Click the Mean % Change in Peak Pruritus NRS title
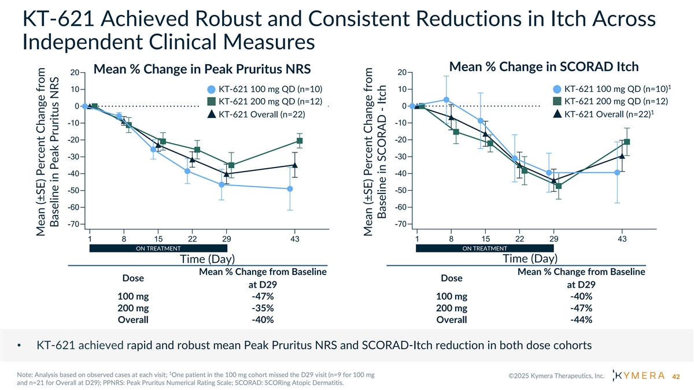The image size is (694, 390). point(202,70)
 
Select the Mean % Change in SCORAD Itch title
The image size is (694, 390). point(544,67)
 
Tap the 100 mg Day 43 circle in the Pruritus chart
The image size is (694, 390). point(290,189)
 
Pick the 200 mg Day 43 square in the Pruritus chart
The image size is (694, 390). point(300,141)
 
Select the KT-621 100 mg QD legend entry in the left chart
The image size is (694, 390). point(264,90)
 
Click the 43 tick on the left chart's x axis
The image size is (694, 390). point(294,239)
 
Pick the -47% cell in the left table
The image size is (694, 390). point(263,297)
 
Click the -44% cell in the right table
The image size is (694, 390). point(581,320)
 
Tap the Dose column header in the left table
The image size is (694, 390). point(133,278)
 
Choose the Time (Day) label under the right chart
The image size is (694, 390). point(530,259)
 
